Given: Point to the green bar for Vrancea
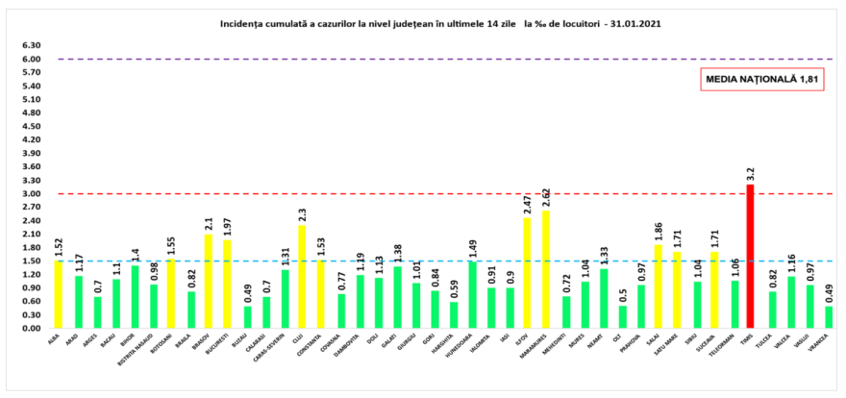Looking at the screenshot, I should (829, 317).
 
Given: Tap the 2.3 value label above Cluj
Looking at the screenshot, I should (303, 213).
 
